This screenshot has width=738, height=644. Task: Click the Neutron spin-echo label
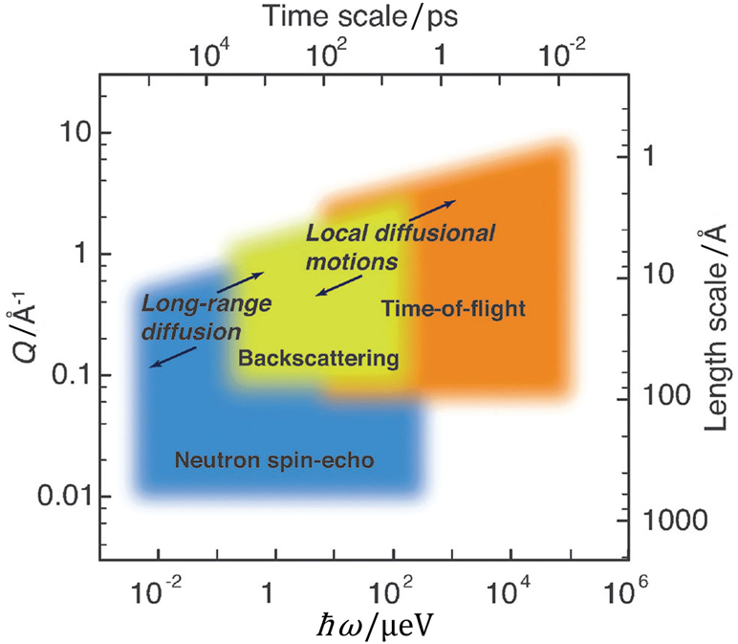(273, 460)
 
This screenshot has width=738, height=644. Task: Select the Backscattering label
(318, 359)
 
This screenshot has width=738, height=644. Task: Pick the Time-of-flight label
(454, 308)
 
